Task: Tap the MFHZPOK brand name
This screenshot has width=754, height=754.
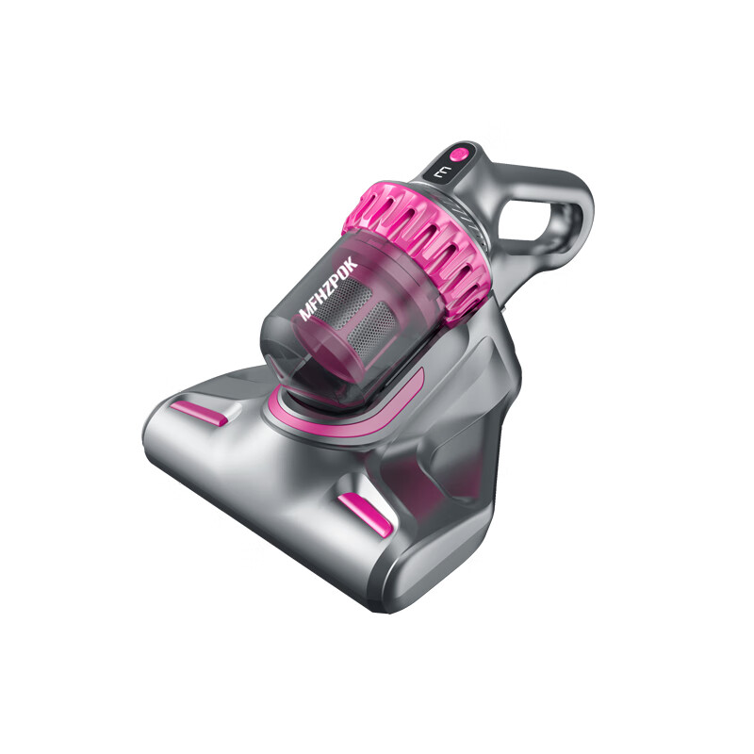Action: tap(328, 288)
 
